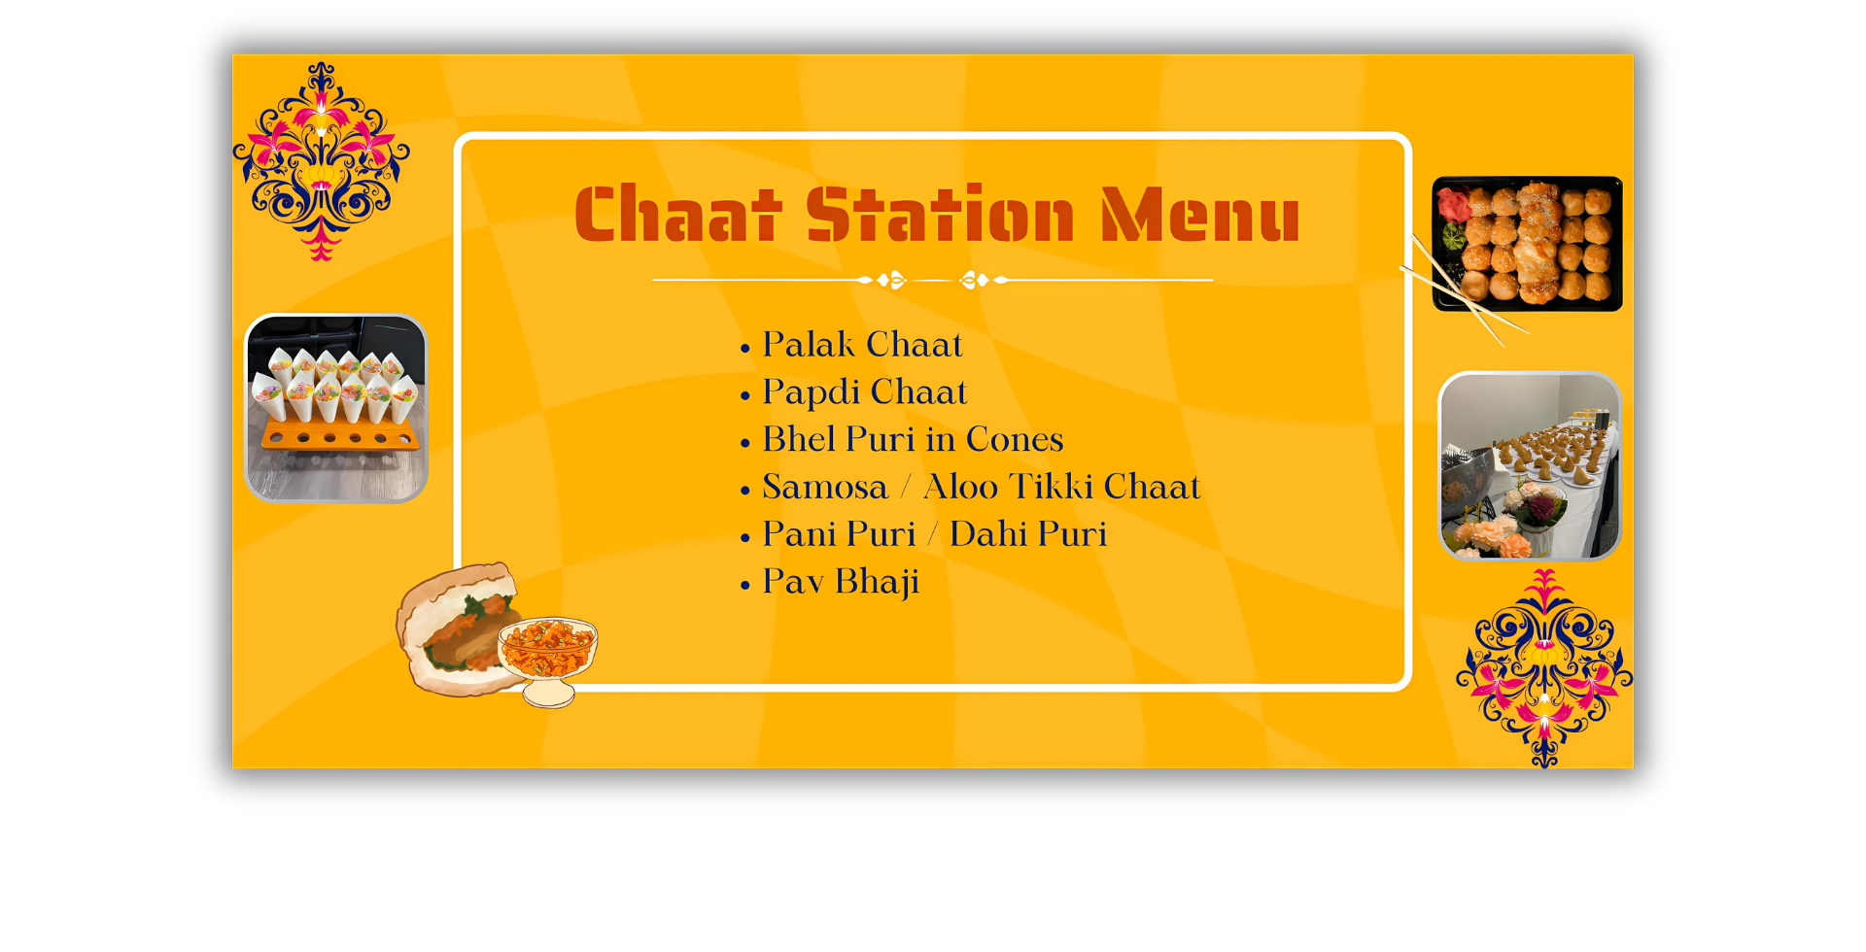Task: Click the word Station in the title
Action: coord(940,214)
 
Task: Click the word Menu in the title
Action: coord(1200,214)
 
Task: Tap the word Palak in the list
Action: coord(809,344)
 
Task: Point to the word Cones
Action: coord(1015,439)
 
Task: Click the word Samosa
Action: coord(825,487)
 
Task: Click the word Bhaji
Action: coord(877,583)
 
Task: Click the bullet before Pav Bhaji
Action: coord(745,585)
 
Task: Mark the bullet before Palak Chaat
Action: coord(745,348)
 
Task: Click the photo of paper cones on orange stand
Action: coord(335,408)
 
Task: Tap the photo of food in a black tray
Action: coord(1527,244)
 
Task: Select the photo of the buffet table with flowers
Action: coord(1530,465)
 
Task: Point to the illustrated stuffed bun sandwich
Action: coord(457,629)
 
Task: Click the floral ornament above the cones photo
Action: coord(321,161)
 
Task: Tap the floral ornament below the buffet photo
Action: coord(1544,668)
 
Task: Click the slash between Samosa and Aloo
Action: coord(906,486)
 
